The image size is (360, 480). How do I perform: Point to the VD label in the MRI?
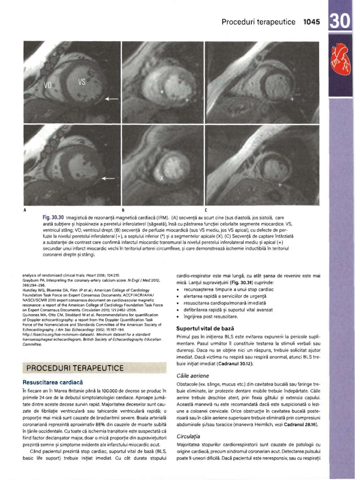tap(48, 86)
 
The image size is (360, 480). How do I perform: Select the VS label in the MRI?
tap(82, 82)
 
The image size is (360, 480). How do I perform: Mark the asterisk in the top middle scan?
tap(163, 92)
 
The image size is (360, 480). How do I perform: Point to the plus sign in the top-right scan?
tap(292, 100)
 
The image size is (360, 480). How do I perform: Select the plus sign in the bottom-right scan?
tap(280, 185)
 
